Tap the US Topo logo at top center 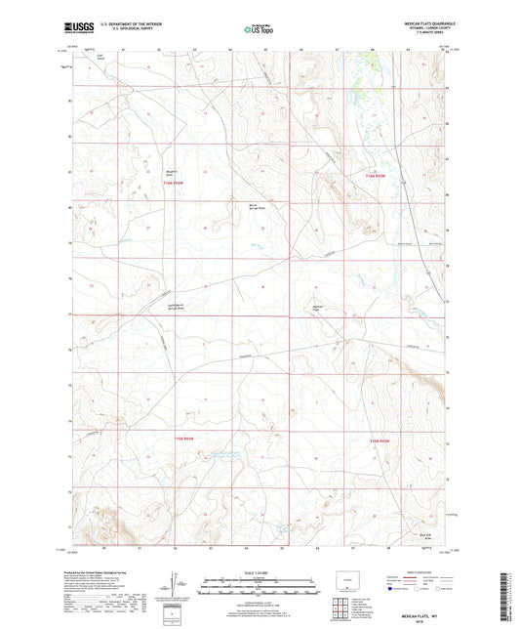coord(258,30)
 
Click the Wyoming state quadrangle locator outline coord(348,576)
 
